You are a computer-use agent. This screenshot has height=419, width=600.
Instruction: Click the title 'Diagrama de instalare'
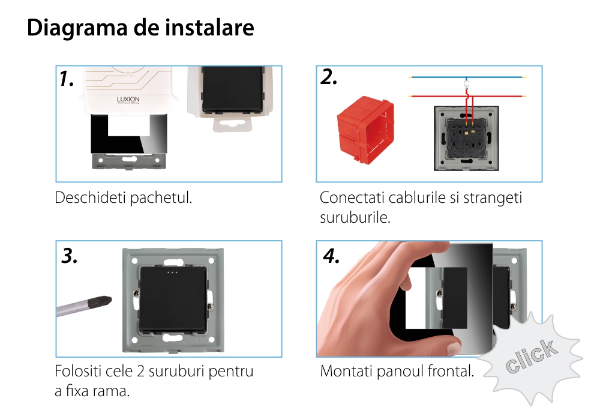tap(140, 28)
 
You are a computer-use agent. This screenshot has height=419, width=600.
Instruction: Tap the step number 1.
tap(67, 79)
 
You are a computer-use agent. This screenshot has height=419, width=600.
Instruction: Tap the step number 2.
tap(329, 77)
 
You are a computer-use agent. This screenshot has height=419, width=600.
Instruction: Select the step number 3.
tap(70, 256)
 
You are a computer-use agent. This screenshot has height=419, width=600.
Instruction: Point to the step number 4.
tap(331, 256)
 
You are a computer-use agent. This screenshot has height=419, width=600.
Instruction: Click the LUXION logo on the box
tap(128, 99)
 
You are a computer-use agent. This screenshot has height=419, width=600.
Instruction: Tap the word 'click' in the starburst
tap(530, 355)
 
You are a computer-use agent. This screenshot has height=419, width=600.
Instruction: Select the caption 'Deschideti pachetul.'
tap(124, 197)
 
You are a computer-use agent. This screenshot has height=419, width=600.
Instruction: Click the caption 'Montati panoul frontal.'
tap(397, 372)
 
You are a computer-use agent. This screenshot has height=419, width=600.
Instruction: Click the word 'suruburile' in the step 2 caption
tap(355, 217)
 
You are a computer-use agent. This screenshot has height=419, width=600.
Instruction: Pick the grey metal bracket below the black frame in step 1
tap(127, 161)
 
